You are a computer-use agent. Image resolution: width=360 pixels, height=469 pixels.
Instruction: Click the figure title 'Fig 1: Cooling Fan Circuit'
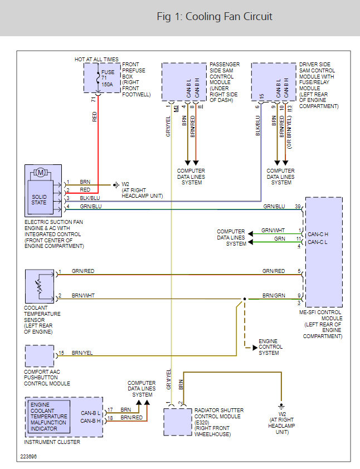click(215, 17)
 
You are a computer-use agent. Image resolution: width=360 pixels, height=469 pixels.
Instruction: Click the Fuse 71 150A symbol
click(98, 78)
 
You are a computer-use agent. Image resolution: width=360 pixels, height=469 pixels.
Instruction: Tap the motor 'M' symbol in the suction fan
click(41, 172)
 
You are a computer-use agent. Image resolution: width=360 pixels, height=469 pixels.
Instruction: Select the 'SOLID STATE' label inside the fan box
click(39, 199)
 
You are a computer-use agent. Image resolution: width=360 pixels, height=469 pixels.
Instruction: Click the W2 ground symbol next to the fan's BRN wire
click(116, 185)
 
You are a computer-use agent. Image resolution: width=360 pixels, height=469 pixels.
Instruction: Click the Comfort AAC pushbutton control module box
click(40, 356)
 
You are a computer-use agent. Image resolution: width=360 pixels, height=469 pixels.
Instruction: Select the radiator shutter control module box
click(177, 422)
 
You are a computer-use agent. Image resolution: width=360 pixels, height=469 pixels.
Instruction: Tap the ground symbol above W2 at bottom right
click(281, 407)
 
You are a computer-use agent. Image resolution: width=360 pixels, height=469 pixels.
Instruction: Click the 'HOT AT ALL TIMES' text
click(96, 59)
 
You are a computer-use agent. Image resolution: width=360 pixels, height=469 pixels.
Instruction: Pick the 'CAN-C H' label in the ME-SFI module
click(318, 234)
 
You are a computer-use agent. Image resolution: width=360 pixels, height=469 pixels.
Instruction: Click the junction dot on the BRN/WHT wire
click(245, 299)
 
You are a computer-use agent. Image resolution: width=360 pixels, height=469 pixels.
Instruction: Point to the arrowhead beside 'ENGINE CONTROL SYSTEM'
click(255, 348)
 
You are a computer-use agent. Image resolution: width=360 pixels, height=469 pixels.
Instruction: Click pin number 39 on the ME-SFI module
click(298, 207)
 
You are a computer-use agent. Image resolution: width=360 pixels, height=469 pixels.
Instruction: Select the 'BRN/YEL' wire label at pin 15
click(82, 353)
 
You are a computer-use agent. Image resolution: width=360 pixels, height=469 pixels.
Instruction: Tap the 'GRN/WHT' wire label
click(273, 230)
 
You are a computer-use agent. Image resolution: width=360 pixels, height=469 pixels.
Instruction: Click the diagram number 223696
click(28, 456)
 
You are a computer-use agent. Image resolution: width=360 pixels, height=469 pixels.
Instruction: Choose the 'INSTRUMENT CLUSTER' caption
click(52, 442)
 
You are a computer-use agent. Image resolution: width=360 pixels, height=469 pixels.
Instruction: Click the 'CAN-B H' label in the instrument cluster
click(90, 421)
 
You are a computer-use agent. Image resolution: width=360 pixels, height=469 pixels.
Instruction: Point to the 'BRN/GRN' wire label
click(274, 296)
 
